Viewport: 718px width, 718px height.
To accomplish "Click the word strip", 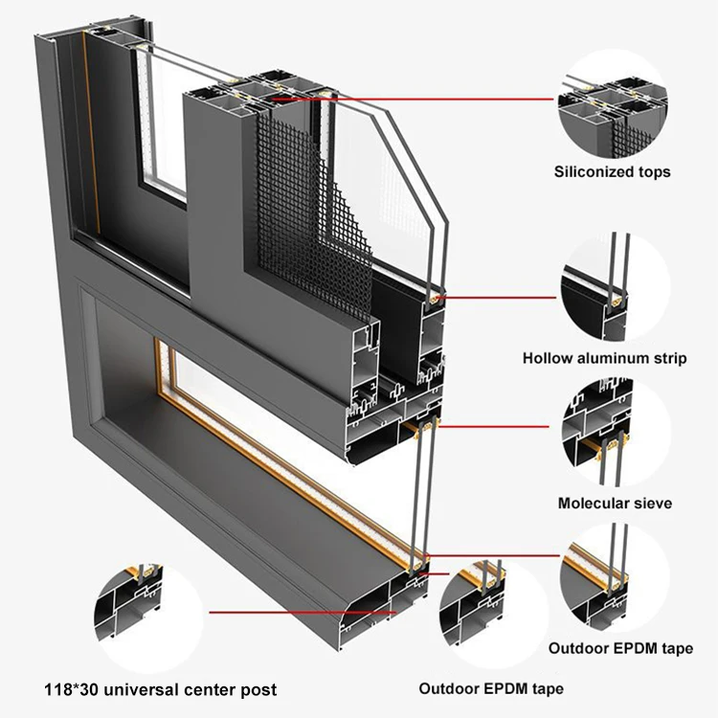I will pyautogui.click(x=669, y=359).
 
